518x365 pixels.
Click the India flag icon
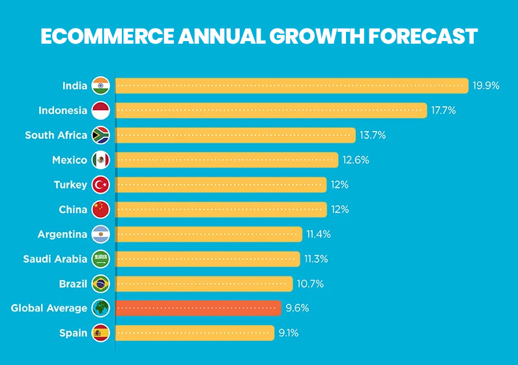pyautogui.click(x=101, y=85)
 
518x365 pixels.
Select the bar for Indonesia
pyautogui.click(x=271, y=110)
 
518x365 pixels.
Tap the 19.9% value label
pyautogui.click(x=486, y=85)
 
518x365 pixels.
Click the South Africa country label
pyautogui.click(x=56, y=135)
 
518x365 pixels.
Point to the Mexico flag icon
pyautogui.click(x=101, y=160)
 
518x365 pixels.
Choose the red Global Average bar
pyautogui.click(x=198, y=308)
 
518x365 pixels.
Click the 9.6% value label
pyautogui.click(x=297, y=308)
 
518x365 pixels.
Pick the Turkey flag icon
pyautogui.click(x=101, y=184)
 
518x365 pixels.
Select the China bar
pyautogui.click(x=221, y=209)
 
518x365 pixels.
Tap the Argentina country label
pyautogui.click(x=62, y=234)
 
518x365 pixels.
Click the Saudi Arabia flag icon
pyautogui.click(x=101, y=259)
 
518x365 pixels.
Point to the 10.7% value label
pyautogui.click(x=311, y=284)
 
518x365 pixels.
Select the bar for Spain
pyautogui.click(x=195, y=333)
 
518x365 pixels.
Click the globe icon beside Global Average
pyautogui.click(x=101, y=308)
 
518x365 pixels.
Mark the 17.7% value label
pyautogui.click(x=444, y=110)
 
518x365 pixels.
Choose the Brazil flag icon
pyautogui.click(x=101, y=284)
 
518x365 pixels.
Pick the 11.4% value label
pyautogui.click(x=320, y=234)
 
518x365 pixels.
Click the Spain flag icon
pyautogui.click(x=101, y=333)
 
